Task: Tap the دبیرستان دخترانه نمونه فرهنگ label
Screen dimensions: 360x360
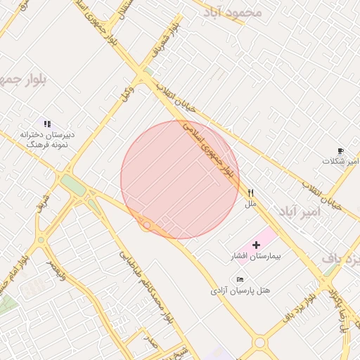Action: coord(46,138)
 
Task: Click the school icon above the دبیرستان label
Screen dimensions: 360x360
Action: coord(47,124)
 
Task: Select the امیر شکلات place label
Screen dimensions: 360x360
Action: coord(340,162)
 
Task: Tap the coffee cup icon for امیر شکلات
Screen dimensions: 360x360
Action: coord(340,151)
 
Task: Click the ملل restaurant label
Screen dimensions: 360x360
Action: coord(250,204)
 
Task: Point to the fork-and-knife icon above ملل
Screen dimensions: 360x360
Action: coord(250,193)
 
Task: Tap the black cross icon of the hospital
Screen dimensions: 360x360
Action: coord(255,245)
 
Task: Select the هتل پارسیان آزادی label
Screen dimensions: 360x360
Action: coord(240,290)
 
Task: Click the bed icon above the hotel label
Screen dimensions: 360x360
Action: coord(240,279)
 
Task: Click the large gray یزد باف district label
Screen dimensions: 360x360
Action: coord(341,259)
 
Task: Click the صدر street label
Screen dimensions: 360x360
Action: coord(150,342)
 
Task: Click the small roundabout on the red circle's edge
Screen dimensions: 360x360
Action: coord(147,225)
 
